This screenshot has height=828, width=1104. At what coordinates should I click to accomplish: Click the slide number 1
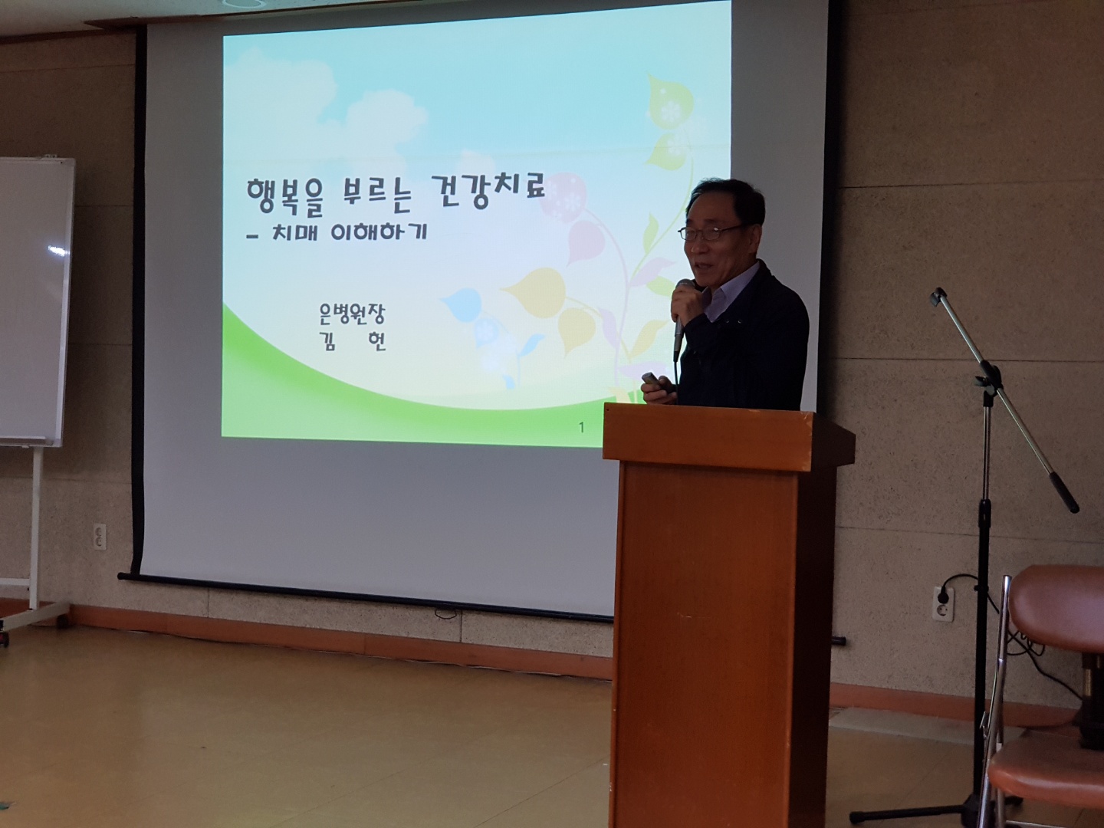[582, 429]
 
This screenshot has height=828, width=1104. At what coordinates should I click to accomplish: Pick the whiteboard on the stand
[35, 301]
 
